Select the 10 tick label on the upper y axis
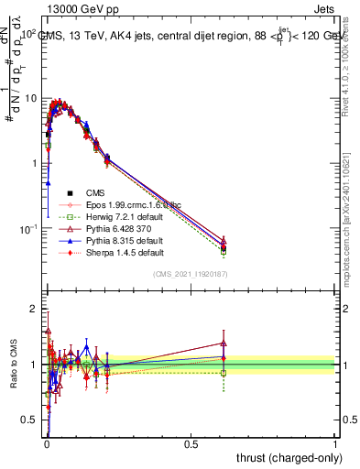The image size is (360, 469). click(x=29, y=98)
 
